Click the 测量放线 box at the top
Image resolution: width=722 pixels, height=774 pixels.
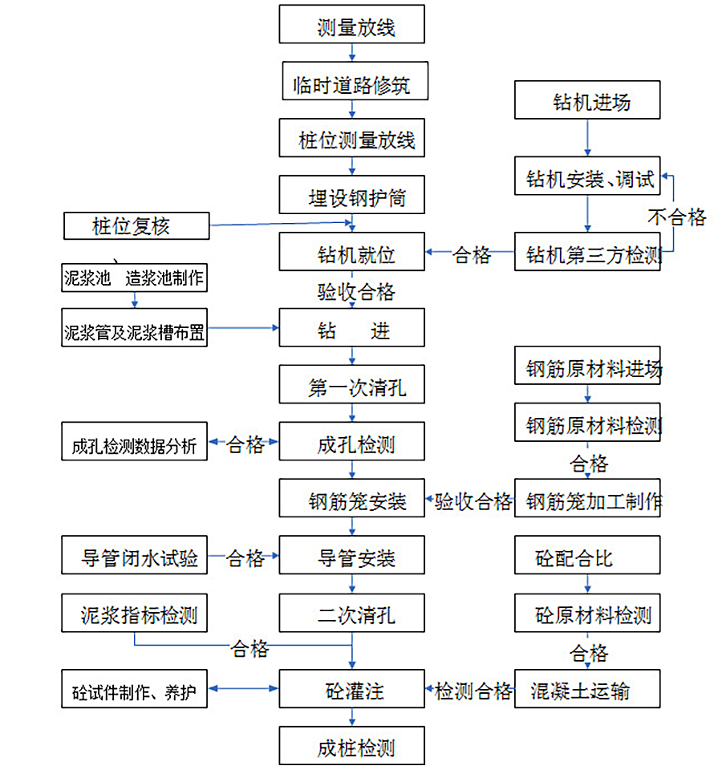click(351, 24)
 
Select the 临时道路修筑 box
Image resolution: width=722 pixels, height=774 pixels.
click(355, 81)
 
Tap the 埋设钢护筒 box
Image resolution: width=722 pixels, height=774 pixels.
click(351, 194)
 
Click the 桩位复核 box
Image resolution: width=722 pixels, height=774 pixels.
click(136, 226)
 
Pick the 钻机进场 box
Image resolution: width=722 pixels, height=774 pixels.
click(587, 99)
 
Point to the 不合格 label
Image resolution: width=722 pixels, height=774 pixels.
click(676, 217)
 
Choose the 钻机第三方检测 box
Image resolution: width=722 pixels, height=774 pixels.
click(587, 252)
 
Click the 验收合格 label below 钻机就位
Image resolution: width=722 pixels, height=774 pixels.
click(356, 292)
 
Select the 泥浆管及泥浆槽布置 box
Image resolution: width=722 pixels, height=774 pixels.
click(134, 328)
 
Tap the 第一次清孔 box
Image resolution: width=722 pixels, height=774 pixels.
click(351, 384)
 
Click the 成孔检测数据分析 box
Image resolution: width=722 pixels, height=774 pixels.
click(134, 441)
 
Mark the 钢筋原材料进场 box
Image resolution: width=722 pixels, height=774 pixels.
click(587, 365)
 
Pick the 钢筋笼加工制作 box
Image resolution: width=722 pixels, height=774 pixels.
click(587, 498)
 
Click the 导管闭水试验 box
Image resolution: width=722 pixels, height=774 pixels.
click(134, 555)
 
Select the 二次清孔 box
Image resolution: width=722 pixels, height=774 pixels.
click(351, 613)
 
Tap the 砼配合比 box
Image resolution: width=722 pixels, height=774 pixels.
click(587, 555)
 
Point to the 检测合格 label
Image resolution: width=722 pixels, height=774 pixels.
click(473, 691)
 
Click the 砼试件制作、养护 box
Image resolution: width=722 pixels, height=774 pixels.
click(134, 689)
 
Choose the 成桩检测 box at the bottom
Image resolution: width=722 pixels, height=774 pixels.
click(351, 745)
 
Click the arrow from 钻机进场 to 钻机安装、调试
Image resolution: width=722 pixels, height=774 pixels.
click(588, 138)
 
